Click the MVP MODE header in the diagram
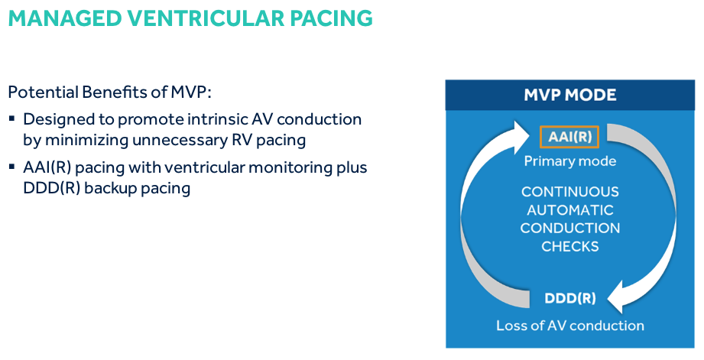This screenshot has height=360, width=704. (x=570, y=96)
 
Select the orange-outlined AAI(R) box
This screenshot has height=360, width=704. (x=569, y=138)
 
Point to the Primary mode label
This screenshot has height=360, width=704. (x=569, y=161)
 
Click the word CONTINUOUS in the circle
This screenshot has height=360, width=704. (x=570, y=192)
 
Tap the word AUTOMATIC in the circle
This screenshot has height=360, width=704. (x=570, y=210)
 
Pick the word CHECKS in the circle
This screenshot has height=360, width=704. (x=570, y=246)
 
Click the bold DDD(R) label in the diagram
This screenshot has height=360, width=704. (x=570, y=298)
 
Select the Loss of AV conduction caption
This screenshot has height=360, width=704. (x=570, y=326)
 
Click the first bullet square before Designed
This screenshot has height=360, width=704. (x=12, y=120)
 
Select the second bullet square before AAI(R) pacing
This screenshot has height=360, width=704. (x=12, y=168)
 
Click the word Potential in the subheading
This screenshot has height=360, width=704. (x=38, y=92)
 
